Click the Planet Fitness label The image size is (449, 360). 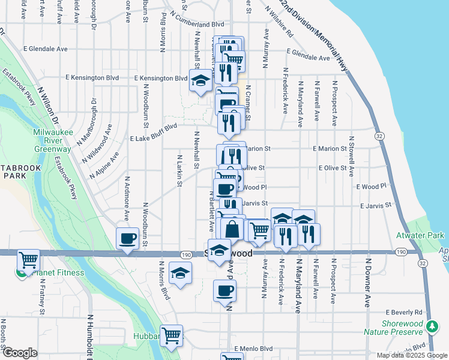[58, 273]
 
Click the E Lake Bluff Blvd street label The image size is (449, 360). [153, 132]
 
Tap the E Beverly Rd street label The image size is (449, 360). [405, 313]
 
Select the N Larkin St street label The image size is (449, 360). [179, 172]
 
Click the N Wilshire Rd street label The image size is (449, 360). [280, 27]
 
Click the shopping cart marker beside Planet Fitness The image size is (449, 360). [28, 260]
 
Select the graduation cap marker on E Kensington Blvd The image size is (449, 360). [200, 81]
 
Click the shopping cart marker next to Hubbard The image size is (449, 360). [172, 335]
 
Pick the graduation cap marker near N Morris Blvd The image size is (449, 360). [180, 273]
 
